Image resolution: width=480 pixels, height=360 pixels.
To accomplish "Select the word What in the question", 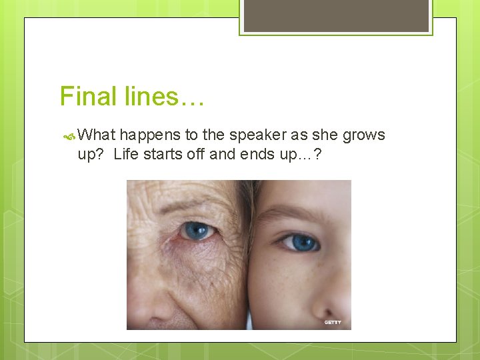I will pyautogui.click(x=97, y=135).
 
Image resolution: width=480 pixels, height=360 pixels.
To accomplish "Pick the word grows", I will pyautogui.click(x=363, y=135).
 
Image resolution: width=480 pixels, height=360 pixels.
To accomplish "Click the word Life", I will pyautogui.click(x=126, y=154).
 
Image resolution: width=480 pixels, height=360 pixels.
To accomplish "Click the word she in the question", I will pyautogui.click(x=325, y=135).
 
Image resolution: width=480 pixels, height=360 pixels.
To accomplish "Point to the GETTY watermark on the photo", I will pyautogui.click(x=333, y=322).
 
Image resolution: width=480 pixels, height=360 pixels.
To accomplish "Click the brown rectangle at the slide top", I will pyautogui.click(x=336, y=15).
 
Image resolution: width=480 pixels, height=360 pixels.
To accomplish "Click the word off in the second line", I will pyautogui.click(x=197, y=154).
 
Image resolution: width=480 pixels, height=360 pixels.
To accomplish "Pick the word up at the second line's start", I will pyautogui.click(x=87, y=155).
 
